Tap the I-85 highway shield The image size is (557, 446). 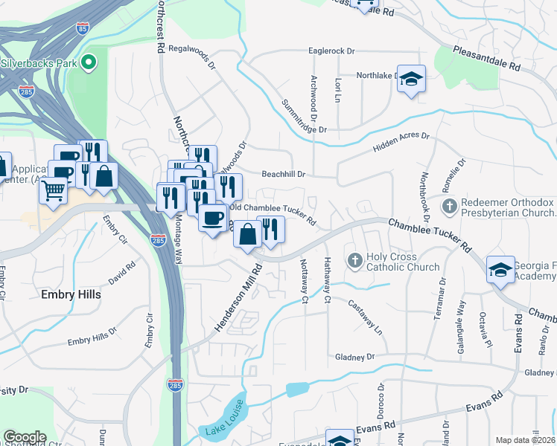pos(82,29)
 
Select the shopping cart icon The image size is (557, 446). pos(53,191)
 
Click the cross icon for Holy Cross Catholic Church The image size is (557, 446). pos(355,260)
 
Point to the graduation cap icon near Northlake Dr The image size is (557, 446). pos(410,79)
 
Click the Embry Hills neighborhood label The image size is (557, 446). pos(72,294)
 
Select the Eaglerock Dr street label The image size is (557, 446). pos(332,51)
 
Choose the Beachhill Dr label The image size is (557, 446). pos(284,174)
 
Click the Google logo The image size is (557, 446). pos(25,437)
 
